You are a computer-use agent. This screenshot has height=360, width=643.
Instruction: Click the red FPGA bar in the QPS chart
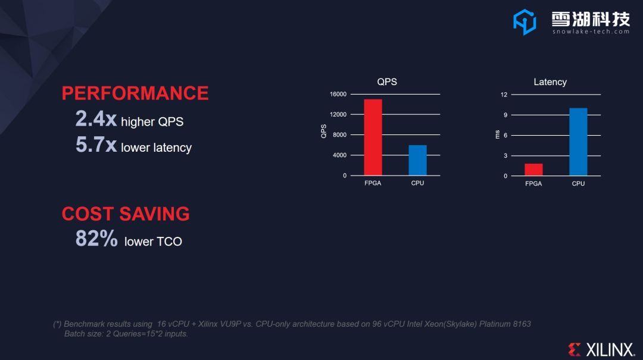click(x=373, y=137)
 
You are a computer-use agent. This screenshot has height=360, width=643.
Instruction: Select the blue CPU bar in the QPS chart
click(x=417, y=160)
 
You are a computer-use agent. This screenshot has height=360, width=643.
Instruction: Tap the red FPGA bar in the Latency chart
click(x=533, y=170)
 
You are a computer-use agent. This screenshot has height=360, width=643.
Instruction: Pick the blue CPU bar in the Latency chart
click(x=578, y=142)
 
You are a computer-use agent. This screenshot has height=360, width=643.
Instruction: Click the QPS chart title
click(x=387, y=82)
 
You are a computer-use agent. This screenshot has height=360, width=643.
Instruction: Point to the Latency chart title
click(x=550, y=82)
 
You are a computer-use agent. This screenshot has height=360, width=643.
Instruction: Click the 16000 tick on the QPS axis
click(x=338, y=94)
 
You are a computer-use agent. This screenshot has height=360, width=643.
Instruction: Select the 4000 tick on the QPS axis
click(x=339, y=155)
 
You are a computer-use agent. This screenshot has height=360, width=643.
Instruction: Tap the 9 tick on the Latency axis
click(x=505, y=115)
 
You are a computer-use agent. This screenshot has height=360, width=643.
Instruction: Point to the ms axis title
click(x=497, y=134)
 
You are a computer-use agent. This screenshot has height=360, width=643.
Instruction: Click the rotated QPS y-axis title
click(x=323, y=132)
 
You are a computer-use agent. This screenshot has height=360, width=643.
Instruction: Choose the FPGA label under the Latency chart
click(x=533, y=184)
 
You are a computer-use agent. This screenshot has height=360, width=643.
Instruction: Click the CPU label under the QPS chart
click(x=417, y=183)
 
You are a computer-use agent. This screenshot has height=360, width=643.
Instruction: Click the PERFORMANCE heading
click(x=135, y=93)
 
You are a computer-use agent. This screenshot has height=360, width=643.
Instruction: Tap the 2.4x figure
click(x=96, y=119)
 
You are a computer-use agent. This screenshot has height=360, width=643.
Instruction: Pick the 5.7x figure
click(x=96, y=145)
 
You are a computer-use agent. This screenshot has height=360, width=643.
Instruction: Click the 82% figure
click(x=96, y=238)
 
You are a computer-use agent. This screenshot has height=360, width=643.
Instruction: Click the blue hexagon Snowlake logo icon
click(x=525, y=22)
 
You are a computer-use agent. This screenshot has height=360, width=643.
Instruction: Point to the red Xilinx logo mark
click(x=574, y=350)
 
